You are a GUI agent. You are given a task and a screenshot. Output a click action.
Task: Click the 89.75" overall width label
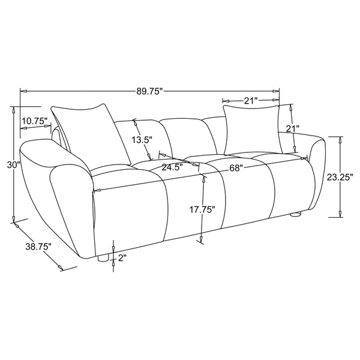tap(149, 92)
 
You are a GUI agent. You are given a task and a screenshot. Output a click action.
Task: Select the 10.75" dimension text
tap(34, 121)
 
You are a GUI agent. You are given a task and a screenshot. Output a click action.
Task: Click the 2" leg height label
tap(123, 259)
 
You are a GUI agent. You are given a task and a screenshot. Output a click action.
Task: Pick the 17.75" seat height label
tap(203, 210)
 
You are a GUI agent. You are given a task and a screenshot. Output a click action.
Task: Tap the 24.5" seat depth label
tap(171, 167)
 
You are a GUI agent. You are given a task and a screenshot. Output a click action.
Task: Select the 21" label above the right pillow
tap(251, 100)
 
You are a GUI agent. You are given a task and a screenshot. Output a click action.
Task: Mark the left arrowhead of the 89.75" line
tap(23, 91)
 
